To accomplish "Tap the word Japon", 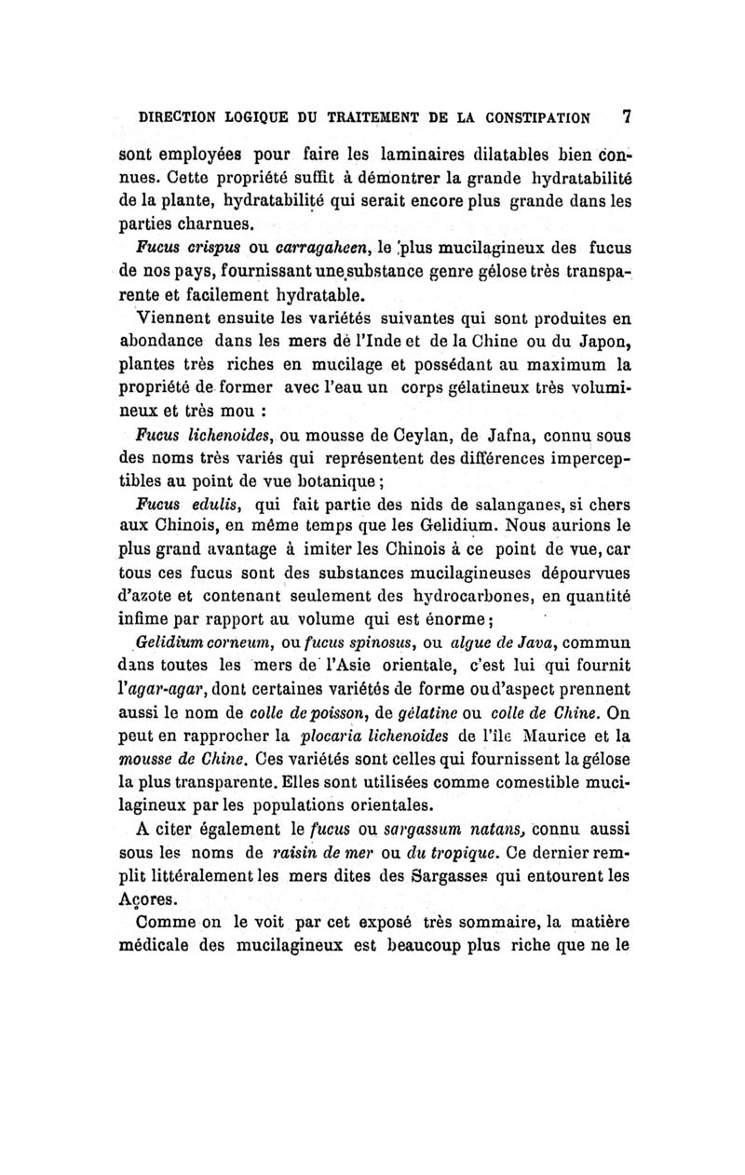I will (x=594, y=348).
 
